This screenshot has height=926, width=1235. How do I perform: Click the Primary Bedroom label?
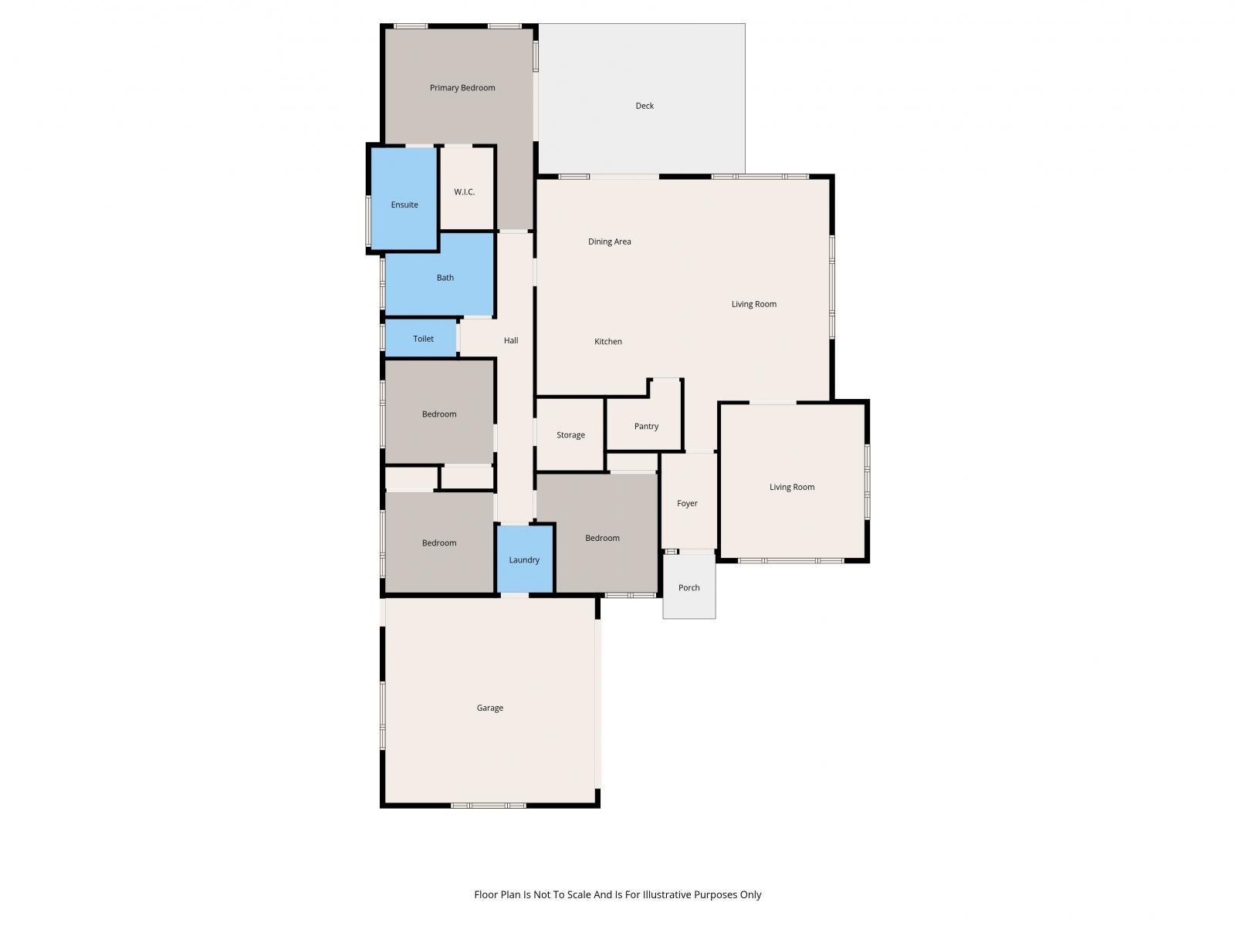click(x=462, y=88)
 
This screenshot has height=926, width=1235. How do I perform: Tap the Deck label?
click(x=645, y=106)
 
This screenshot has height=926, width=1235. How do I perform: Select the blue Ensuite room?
click(x=404, y=198)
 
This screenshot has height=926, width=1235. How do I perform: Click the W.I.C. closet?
click(x=466, y=188)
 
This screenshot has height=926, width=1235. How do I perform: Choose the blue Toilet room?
click(x=421, y=338)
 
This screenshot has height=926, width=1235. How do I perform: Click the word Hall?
click(x=511, y=340)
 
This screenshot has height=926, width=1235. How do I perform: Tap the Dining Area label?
click(x=609, y=242)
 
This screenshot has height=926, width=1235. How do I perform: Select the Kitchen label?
click(x=607, y=341)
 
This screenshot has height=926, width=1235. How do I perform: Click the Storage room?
click(x=570, y=434)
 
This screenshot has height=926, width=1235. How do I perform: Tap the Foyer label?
click(x=687, y=503)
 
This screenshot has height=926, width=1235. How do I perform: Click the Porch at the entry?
click(x=689, y=586)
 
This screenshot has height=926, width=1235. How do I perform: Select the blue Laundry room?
click(x=524, y=559)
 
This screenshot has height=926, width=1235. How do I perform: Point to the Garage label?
click(x=489, y=708)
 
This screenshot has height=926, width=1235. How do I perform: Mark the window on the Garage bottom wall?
click(x=489, y=806)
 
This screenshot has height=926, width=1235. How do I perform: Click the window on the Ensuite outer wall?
click(x=368, y=221)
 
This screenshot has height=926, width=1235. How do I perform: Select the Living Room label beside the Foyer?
click(x=792, y=487)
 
